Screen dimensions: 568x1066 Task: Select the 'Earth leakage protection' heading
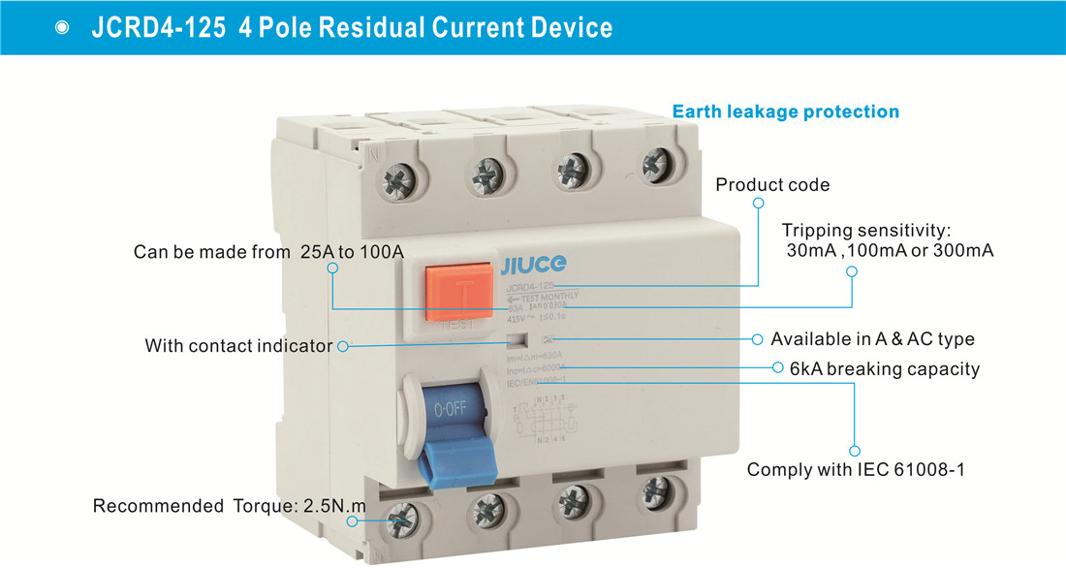[x=786, y=111]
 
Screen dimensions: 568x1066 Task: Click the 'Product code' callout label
[x=772, y=184]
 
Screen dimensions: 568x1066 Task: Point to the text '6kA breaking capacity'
[x=885, y=369]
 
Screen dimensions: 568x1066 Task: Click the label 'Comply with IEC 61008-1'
[x=856, y=471]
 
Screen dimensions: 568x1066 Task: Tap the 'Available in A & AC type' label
[x=872, y=339]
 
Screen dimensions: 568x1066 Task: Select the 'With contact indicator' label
[x=238, y=346]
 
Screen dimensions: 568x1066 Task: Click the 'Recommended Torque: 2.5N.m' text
[x=230, y=506]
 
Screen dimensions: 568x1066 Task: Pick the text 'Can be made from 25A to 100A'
[x=268, y=252]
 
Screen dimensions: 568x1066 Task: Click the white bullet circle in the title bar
[x=63, y=27]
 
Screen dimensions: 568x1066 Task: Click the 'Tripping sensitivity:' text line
[x=866, y=231]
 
